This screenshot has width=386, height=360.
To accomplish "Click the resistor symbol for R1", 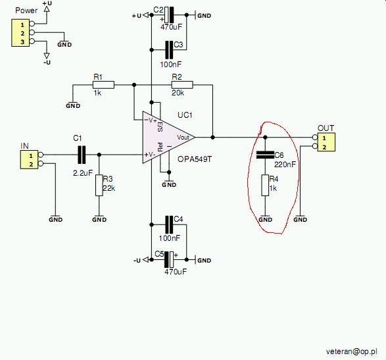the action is click(103, 85).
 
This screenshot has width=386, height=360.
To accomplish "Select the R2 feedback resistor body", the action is click(182, 85).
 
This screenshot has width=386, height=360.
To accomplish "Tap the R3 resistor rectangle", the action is click(99, 186).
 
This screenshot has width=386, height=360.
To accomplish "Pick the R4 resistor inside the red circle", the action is click(265, 186).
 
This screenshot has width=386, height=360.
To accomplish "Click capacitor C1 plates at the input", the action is click(82, 155).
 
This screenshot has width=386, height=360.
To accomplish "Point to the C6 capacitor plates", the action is click(265, 155).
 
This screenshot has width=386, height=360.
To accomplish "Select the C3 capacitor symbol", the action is click(169, 50).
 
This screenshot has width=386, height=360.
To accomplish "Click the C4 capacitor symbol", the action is click(169, 224).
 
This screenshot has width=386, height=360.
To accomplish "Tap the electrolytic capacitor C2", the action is click(169, 15).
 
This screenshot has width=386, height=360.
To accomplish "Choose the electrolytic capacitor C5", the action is click(169, 259).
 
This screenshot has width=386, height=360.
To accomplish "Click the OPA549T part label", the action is click(195, 159).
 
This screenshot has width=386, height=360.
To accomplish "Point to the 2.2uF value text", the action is click(83, 173).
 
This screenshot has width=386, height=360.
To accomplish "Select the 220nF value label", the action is click(285, 165).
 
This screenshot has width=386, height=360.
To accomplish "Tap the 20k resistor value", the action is click(178, 93).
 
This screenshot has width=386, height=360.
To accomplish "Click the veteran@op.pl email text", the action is click(352, 351).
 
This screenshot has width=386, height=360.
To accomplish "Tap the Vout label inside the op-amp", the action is click(183, 138).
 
